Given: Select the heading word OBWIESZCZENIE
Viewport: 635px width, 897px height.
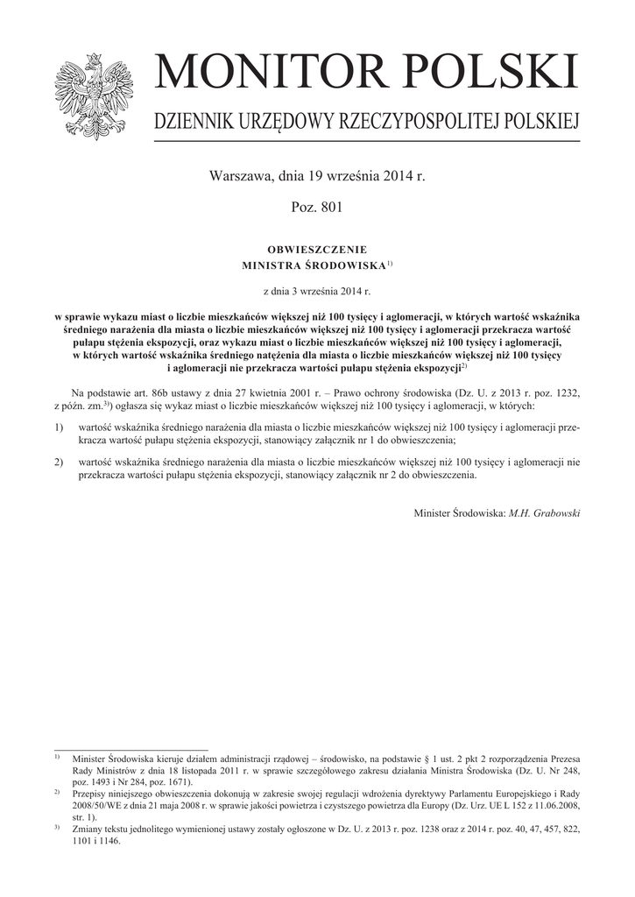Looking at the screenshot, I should pos(317,249).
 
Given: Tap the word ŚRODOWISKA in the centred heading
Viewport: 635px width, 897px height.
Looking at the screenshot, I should pos(346,265).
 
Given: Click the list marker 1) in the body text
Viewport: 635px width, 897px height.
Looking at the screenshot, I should pos(59,427).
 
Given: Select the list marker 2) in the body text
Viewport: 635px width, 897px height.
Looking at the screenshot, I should pos(59,460).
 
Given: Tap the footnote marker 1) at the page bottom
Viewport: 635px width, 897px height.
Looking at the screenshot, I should pos(56,755).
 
